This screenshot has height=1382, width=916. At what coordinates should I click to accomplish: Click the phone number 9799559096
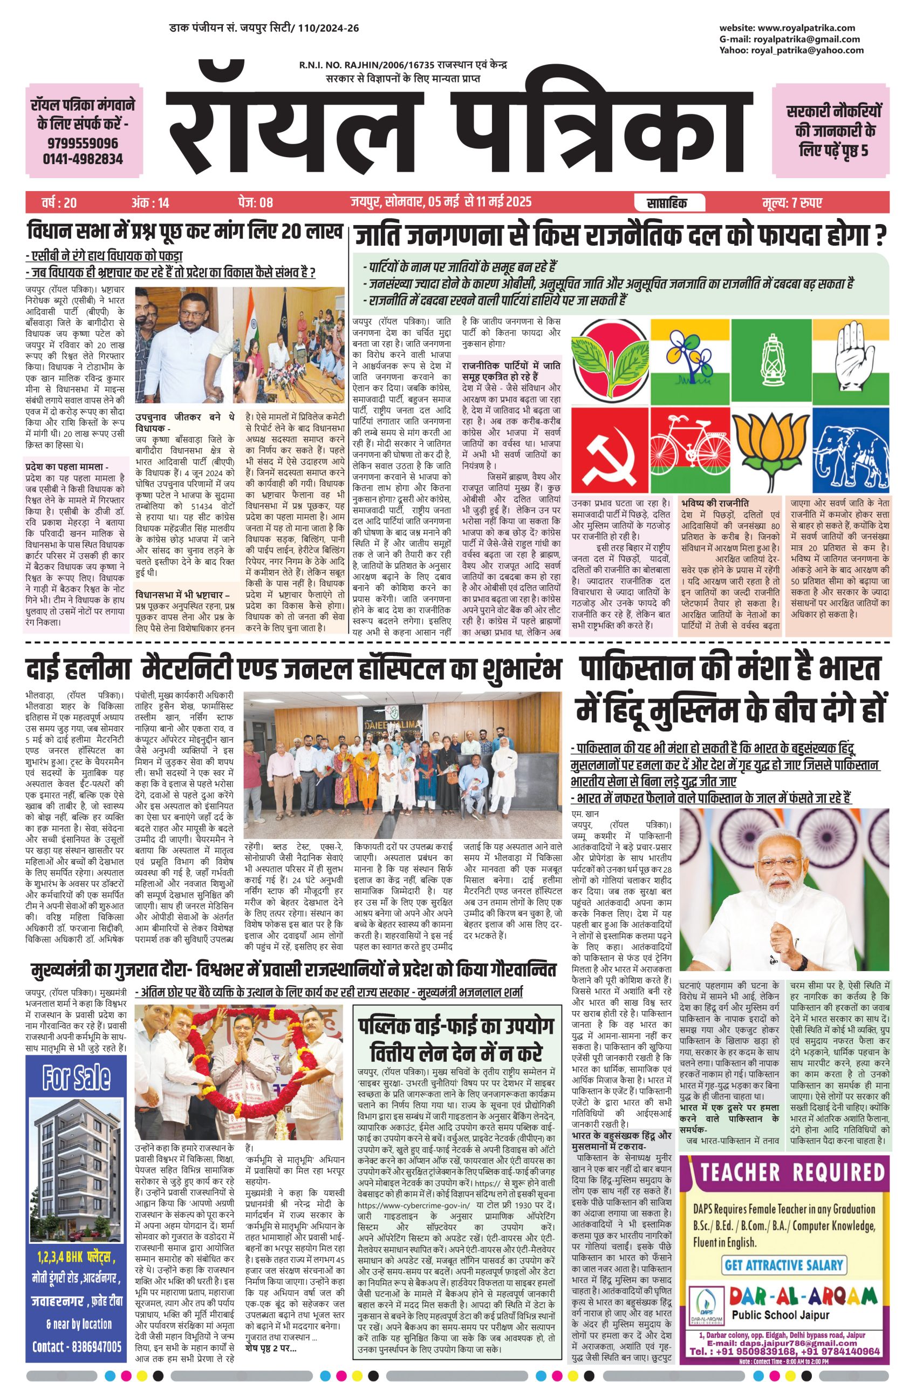[x=83, y=143]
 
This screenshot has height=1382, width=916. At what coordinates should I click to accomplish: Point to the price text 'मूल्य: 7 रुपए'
[x=791, y=203]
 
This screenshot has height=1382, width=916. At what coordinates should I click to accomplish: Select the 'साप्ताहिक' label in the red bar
[x=667, y=203]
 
